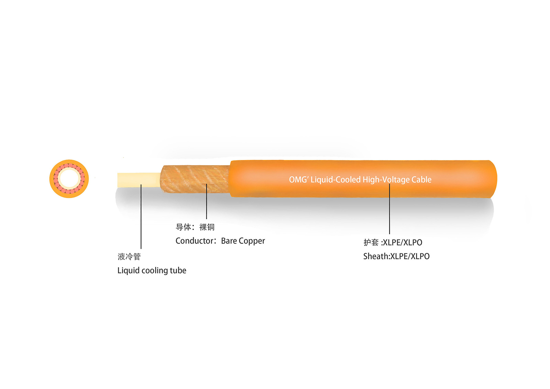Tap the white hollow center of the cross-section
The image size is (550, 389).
69,179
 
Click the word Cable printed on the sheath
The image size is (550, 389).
421,180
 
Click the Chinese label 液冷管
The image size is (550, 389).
129,257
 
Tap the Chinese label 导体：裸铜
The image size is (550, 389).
195,227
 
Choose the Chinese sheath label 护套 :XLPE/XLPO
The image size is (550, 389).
393,242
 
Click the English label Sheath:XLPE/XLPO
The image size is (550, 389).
396,256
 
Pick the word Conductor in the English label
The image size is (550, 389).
195,241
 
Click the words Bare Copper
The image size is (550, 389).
243,241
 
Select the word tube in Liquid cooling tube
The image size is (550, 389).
178,271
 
